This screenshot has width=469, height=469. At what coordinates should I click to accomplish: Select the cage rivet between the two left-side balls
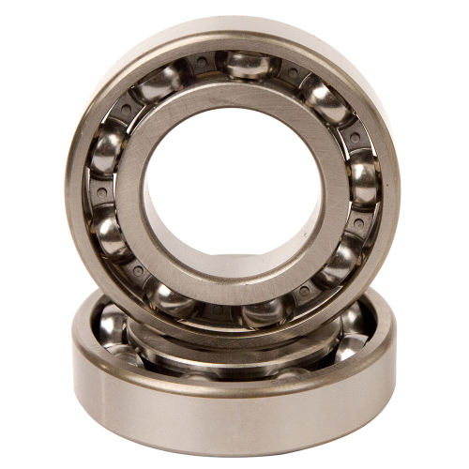101,195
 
